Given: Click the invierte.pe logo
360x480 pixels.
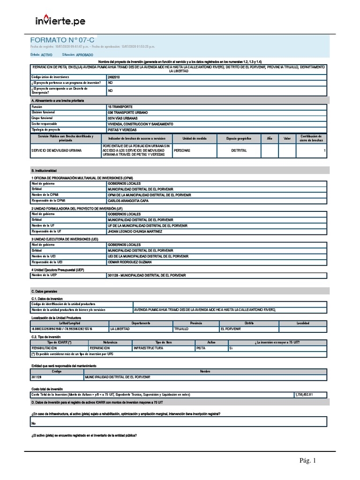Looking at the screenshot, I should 60,21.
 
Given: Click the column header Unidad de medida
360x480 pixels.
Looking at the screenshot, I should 194,139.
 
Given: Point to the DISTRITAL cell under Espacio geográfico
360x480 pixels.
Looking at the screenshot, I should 239,150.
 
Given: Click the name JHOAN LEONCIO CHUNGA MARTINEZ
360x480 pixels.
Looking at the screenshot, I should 135,232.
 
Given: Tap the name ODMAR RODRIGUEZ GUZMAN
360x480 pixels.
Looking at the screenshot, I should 130,262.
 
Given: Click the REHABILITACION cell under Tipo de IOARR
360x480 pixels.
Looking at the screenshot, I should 44,348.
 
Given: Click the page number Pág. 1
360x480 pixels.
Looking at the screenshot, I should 308,461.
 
